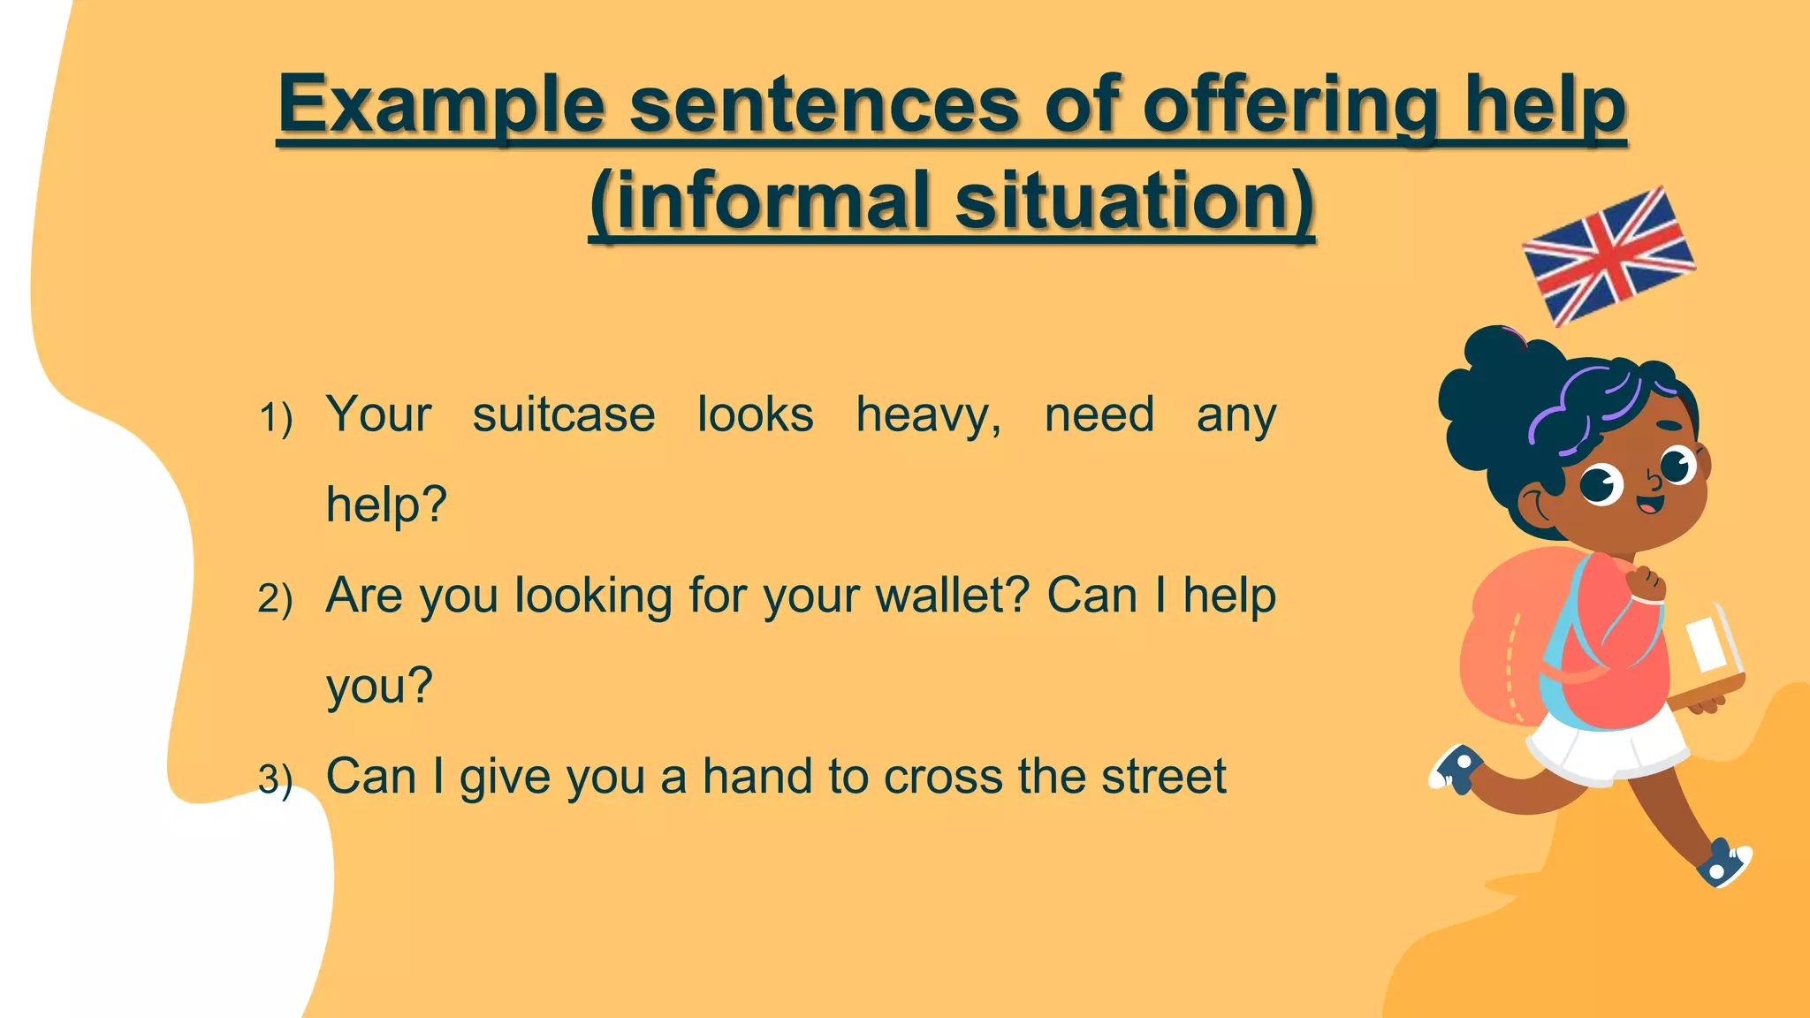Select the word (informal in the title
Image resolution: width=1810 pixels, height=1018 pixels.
click(x=761, y=201)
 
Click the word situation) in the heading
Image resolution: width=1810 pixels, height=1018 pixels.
click(x=1135, y=201)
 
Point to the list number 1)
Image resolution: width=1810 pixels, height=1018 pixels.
click(x=275, y=418)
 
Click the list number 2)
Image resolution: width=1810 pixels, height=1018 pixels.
click(x=275, y=599)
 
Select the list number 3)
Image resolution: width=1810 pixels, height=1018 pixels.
click(x=275, y=779)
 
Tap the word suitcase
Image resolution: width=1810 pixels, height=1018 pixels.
click(x=564, y=414)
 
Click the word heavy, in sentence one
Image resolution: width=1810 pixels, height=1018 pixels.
click(x=929, y=416)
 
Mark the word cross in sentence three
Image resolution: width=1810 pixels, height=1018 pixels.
click(x=942, y=778)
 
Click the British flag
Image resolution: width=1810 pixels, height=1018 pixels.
click(x=1608, y=256)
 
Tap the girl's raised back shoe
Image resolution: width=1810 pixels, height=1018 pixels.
click(x=1456, y=767)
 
